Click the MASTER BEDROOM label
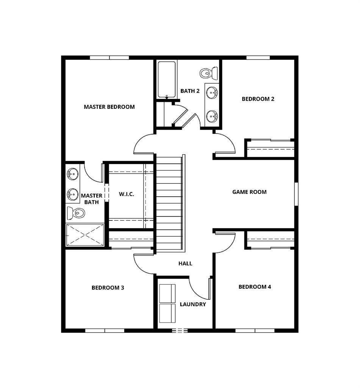109,107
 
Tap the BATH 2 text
190,91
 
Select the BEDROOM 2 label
258,99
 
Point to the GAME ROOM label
249,192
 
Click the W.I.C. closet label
126,194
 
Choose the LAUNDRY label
193,304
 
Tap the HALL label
185,263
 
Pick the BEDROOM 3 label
108,288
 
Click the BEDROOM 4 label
255,287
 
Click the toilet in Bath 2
208,73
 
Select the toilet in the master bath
76,213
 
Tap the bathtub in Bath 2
167,80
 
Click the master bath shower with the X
85,235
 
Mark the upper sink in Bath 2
212,92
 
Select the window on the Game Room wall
296,194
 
